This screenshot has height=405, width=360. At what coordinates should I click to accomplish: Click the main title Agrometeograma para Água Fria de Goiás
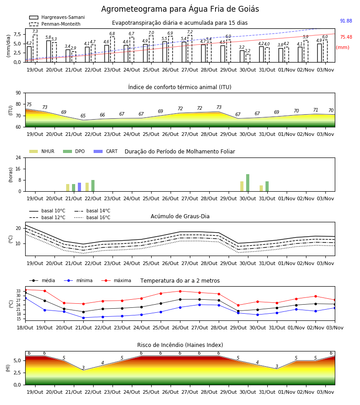(180, 9)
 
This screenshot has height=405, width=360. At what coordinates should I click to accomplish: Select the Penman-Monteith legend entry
(55, 24)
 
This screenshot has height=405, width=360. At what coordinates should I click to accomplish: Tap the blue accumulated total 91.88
(346, 21)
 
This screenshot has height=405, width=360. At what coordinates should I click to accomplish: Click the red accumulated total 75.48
(346, 37)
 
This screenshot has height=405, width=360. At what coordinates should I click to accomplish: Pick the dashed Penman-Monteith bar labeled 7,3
(35, 49)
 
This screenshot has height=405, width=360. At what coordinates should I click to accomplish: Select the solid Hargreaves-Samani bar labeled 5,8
(49, 51)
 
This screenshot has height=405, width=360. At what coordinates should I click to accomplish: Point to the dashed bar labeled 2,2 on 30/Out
(248, 58)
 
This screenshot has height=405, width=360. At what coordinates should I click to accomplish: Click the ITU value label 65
(83, 116)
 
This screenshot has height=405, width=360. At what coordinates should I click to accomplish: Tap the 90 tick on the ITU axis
(18, 93)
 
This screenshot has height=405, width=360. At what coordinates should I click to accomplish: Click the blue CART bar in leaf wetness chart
(79, 187)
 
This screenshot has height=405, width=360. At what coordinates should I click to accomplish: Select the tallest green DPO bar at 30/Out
(247, 183)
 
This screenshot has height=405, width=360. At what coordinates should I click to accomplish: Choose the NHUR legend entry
(42, 151)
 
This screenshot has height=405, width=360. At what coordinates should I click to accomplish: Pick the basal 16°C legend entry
(92, 217)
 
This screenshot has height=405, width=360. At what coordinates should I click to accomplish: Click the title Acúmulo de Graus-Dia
(180, 216)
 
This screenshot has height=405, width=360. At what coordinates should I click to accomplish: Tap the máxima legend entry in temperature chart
(116, 280)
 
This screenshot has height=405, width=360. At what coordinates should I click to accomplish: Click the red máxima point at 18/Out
(25, 290)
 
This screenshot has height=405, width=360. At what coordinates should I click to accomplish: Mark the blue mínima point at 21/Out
(83, 318)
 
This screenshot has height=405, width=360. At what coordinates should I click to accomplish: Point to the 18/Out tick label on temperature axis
(25, 328)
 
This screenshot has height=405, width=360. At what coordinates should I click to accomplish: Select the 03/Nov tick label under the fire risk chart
(325, 392)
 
